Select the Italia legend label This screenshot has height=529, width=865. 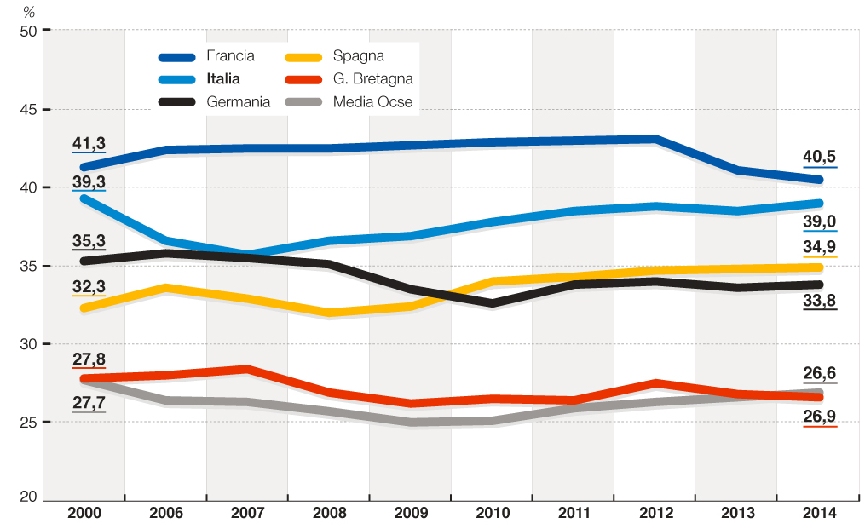pos(222,79)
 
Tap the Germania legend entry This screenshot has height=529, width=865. pos(238,102)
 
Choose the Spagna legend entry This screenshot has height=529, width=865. pos(359,57)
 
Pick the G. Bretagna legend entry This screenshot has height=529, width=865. pos(373,79)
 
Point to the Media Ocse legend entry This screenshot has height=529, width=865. pos(372,102)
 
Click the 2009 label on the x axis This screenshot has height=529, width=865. pos(411,513)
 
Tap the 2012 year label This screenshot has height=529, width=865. pos(655,513)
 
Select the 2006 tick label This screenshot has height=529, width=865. pos(166,513)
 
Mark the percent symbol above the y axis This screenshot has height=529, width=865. pos(28,12)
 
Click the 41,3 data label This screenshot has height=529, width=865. pos(89,144)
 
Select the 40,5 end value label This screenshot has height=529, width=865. pos(820,157)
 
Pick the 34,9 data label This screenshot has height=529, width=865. pos(820,247)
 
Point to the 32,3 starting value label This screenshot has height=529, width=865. pos(89,287)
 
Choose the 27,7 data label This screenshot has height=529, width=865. pos(89,402)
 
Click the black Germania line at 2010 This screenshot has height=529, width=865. pos(493,303)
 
